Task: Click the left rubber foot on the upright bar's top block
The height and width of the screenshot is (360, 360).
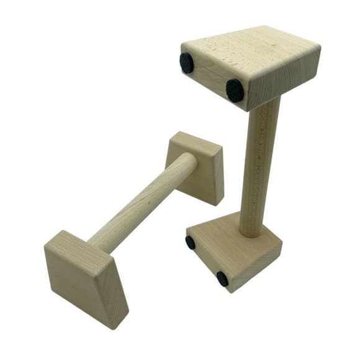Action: (x=186, y=63)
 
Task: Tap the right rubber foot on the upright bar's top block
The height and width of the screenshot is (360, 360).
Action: (x=234, y=90)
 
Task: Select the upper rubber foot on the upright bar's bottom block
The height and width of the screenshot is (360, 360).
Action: (x=191, y=242)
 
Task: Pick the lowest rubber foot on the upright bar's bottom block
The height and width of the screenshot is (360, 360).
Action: (x=222, y=279)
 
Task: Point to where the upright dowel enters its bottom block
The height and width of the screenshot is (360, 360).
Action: (x=250, y=233)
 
